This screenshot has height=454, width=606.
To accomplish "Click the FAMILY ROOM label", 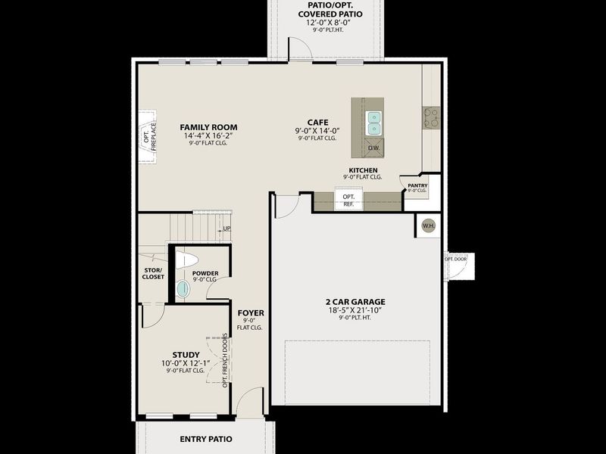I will coord(208,127).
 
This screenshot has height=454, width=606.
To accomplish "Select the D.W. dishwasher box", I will coord(373,148).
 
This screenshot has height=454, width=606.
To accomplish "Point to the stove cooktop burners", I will coord(431,117).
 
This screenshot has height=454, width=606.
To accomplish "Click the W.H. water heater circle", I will coord(428,225).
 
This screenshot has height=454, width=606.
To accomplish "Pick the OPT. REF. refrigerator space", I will coord(348,201).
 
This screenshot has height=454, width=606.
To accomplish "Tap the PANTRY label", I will coord(417,185).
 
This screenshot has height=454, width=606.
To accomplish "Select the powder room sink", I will coord(183,288).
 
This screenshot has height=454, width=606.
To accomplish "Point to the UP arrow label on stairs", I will coord(226,229).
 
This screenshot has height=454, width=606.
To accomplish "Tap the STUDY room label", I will coord(186,355).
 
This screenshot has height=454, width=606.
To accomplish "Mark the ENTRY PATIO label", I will coord(205,439).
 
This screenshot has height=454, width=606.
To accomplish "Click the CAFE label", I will coord(317,122).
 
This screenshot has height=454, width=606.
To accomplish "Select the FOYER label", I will coord(250,313).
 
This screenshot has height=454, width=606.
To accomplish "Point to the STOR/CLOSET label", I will coord(153,273).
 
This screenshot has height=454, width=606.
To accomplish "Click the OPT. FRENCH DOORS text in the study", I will coord(225,359).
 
